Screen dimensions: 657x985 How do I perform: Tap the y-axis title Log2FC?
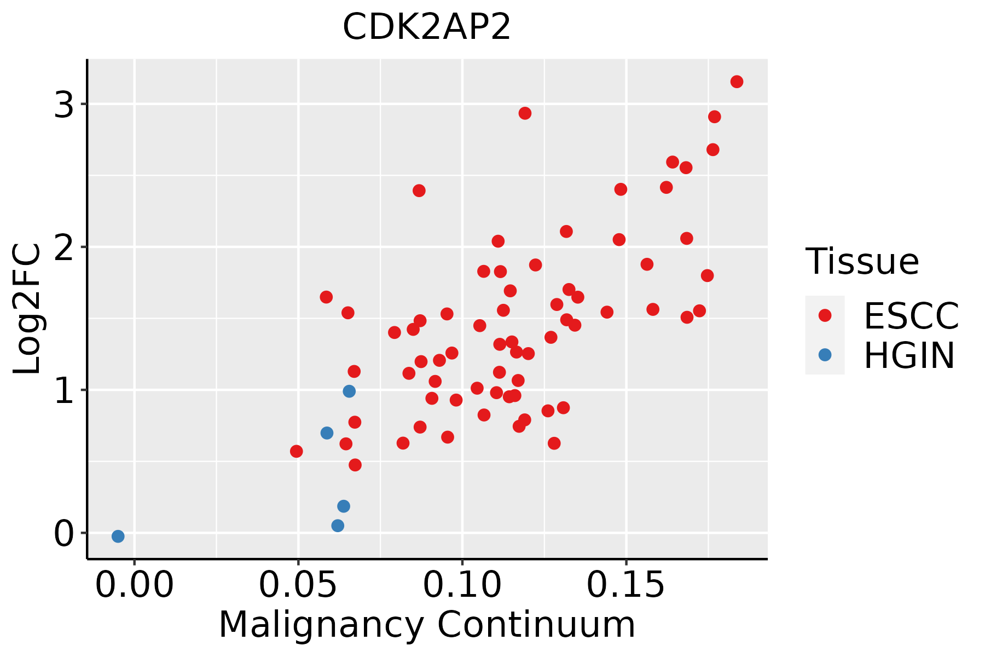[27, 309]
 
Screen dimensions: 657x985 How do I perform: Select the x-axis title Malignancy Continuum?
[427, 625]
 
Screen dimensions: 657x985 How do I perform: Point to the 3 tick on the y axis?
[64, 104]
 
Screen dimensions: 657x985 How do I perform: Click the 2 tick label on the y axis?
[64, 247]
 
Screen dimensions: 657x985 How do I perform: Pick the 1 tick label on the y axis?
[64, 390]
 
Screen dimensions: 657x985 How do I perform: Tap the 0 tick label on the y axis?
[64, 533]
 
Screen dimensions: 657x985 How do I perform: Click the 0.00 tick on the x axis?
[134, 585]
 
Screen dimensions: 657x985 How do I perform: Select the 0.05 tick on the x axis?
[298, 585]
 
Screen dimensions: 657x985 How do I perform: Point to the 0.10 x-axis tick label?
[462, 585]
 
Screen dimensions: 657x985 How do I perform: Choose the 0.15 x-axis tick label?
[626, 585]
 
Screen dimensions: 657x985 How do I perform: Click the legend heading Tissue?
[862, 261]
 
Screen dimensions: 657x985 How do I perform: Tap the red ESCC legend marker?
[825, 315]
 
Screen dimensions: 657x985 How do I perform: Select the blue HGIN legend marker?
[825, 355]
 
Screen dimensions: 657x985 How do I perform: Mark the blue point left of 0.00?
[118, 536]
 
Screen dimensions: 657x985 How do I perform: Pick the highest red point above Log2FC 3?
[737, 82]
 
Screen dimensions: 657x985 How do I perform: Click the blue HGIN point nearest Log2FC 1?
[349, 391]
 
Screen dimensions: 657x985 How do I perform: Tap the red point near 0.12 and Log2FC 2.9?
[525, 113]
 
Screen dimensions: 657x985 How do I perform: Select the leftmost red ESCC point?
[296, 451]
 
